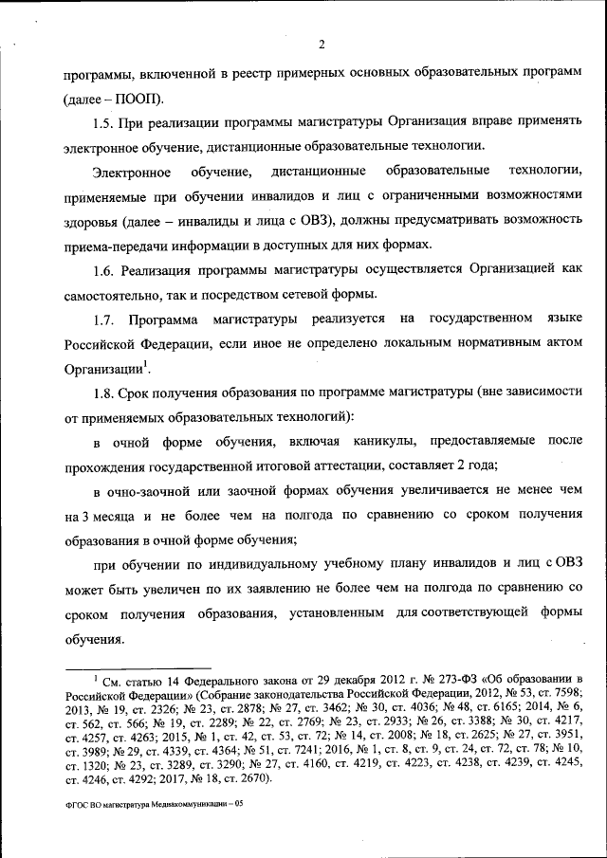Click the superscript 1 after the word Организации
(142, 364)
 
